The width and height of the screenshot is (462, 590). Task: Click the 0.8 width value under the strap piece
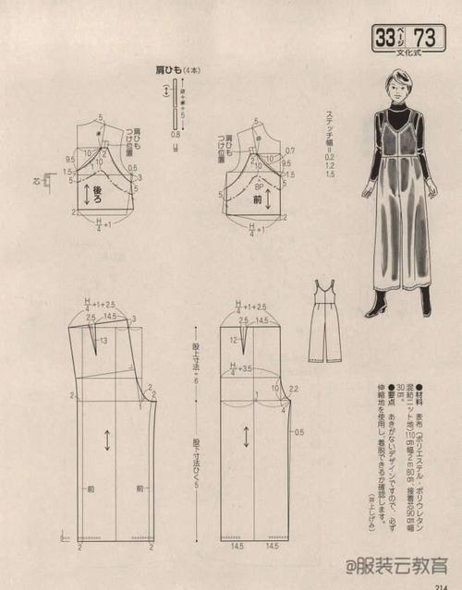(175, 136)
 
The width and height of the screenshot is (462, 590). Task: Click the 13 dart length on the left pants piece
(103, 341)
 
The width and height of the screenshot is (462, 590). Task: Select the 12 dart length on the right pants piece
(237, 340)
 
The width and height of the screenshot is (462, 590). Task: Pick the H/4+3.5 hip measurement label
(242, 368)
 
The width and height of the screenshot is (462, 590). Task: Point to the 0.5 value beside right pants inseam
(298, 431)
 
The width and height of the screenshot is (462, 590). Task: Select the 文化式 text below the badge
(410, 54)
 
